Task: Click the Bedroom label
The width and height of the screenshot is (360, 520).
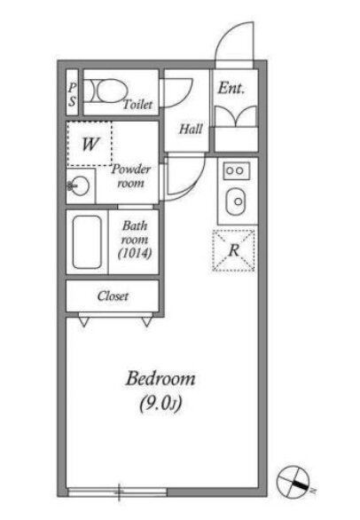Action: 160,379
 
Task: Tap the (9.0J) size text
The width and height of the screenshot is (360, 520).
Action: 160,403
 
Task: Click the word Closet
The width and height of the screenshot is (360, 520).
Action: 113,295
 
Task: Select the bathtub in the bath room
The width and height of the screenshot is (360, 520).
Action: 87,241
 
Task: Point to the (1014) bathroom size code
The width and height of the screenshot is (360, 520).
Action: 135,254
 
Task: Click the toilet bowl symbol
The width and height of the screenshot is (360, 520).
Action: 107,91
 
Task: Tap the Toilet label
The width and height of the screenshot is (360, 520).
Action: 138,105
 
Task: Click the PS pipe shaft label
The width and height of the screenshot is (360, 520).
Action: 72,94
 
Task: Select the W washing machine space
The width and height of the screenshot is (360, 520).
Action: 90,144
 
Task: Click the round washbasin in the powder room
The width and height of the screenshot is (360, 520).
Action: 79,186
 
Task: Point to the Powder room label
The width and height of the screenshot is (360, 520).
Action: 131,176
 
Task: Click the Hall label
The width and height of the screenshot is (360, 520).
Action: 191,129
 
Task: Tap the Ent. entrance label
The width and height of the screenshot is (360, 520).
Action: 231,88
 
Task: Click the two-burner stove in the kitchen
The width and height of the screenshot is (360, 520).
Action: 237,170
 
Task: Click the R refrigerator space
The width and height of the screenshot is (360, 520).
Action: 234,250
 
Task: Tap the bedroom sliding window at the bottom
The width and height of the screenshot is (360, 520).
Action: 117,492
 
